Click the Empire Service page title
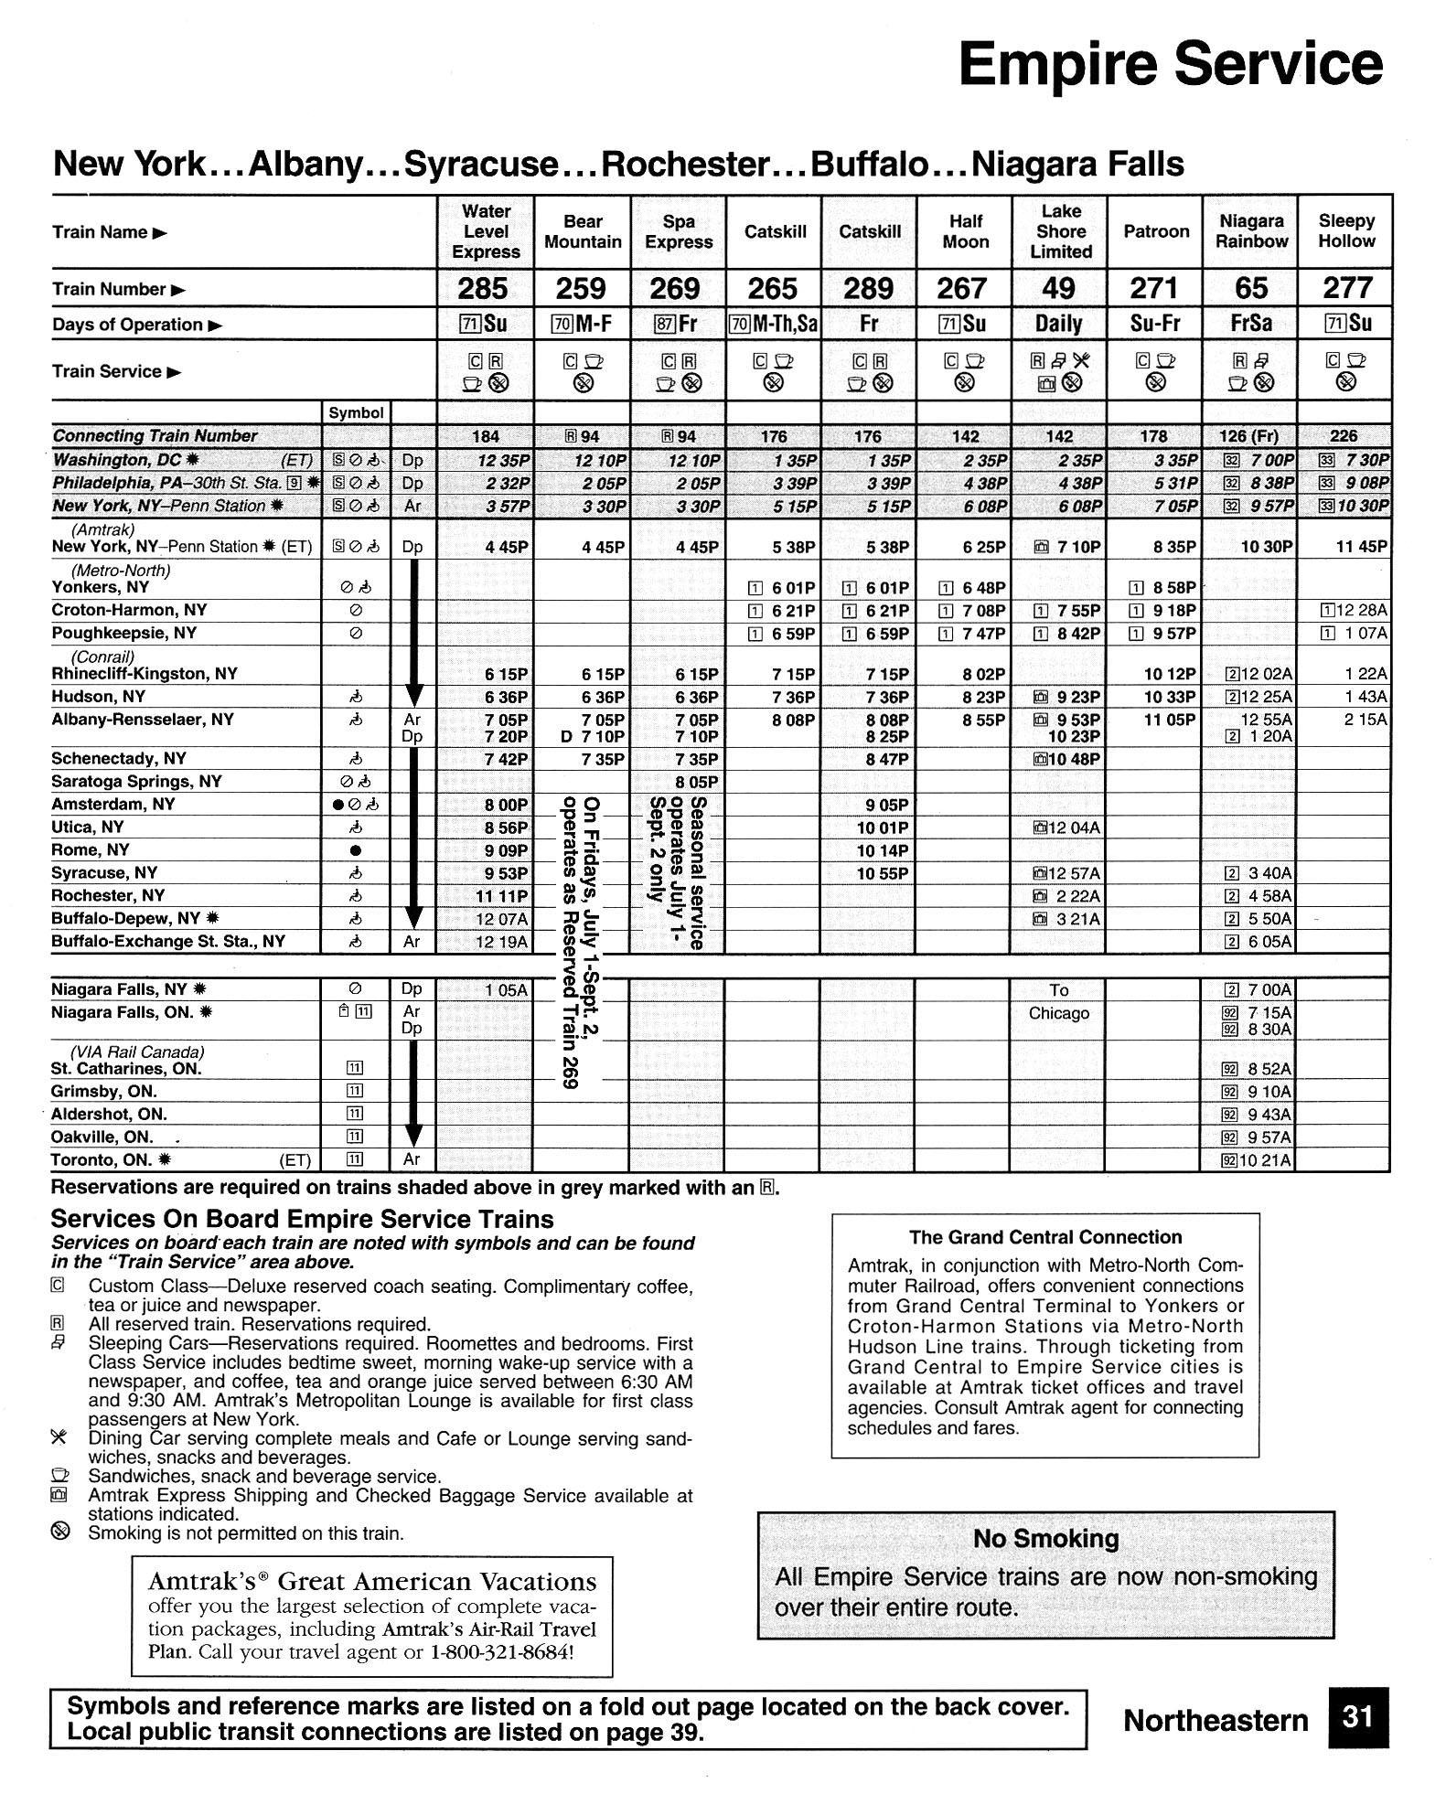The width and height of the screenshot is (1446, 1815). [1170, 64]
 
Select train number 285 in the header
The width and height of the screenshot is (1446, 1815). [484, 289]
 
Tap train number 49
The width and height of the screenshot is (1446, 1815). [1058, 289]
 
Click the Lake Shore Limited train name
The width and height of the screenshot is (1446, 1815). [1060, 231]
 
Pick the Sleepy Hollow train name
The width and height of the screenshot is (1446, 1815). [1345, 231]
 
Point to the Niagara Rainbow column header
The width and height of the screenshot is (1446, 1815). [1250, 231]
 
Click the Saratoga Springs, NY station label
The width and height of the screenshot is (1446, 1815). [136, 782]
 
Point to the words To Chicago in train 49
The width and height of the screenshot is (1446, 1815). [1058, 1002]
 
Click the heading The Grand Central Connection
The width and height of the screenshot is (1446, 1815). [1044, 1237]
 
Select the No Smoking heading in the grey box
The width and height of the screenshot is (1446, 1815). [1045, 1539]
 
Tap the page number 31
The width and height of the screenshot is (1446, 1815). [1357, 1717]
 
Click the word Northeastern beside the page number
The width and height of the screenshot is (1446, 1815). [1216, 1720]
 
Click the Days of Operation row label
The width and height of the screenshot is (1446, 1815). [127, 325]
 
